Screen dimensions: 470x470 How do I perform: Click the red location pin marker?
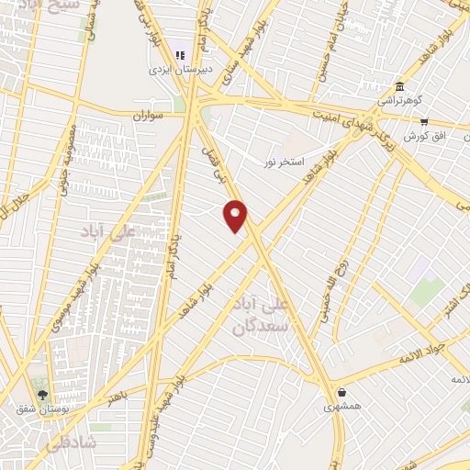pyautogui.click(x=236, y=216)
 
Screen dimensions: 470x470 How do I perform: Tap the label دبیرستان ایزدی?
pyautogui.click(x=182, y=68)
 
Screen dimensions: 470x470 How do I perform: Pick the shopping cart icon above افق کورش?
pyautogui.click(x=424, y=120)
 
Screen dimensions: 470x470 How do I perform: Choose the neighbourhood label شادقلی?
pyautogui.click(x=64, y=442)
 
